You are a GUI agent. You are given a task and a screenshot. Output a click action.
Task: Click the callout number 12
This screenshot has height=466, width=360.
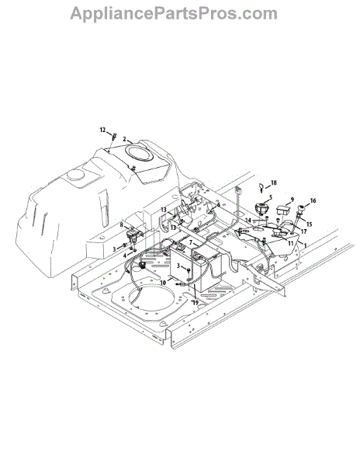[102, 130]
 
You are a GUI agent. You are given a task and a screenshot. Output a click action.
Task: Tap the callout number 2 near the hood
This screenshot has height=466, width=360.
[124, 139]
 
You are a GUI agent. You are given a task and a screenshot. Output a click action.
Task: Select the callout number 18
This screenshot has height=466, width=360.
[273, 183]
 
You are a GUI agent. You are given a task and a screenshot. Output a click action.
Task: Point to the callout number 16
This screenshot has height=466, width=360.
[313, 201]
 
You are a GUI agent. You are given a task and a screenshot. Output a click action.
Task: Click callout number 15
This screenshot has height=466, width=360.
[310, 224]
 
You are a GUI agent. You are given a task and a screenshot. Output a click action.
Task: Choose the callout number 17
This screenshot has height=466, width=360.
[303, 231]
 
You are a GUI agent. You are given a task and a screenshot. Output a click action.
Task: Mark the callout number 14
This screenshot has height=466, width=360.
[248, 221]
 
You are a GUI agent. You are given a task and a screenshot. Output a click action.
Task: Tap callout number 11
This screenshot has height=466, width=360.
[290, 243]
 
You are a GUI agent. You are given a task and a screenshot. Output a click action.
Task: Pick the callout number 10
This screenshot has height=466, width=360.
[163, 283]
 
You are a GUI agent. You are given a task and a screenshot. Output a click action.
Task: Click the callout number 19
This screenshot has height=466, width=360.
[196, 303]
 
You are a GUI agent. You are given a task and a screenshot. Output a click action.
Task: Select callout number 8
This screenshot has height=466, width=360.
[121, 225]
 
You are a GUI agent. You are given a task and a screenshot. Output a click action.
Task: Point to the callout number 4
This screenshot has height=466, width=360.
[125, 256]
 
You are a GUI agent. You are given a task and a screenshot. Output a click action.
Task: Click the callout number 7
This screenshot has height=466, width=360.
[191, 242]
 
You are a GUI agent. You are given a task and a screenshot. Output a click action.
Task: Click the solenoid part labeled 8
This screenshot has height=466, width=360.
[130, 235]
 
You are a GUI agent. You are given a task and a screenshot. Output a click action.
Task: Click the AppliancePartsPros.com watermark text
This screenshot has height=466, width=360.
[174, 14]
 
